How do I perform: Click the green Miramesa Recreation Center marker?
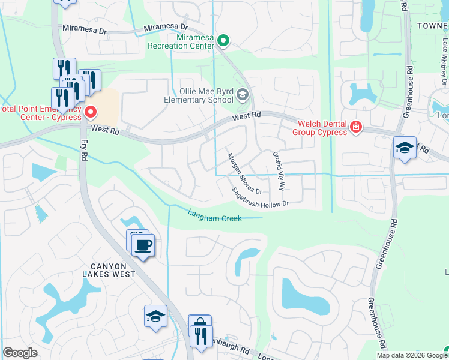223,41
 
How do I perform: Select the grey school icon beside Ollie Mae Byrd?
242,94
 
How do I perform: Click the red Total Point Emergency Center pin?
91,111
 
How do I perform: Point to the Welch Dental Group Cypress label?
320,128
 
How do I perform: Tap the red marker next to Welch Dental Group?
356,127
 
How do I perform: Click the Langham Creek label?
214,215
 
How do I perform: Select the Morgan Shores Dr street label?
244,173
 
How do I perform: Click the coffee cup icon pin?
143,245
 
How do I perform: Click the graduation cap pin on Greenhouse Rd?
405,148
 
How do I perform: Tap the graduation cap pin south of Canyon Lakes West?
155,316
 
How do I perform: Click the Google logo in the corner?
20,353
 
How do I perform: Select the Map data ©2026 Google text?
412,355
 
